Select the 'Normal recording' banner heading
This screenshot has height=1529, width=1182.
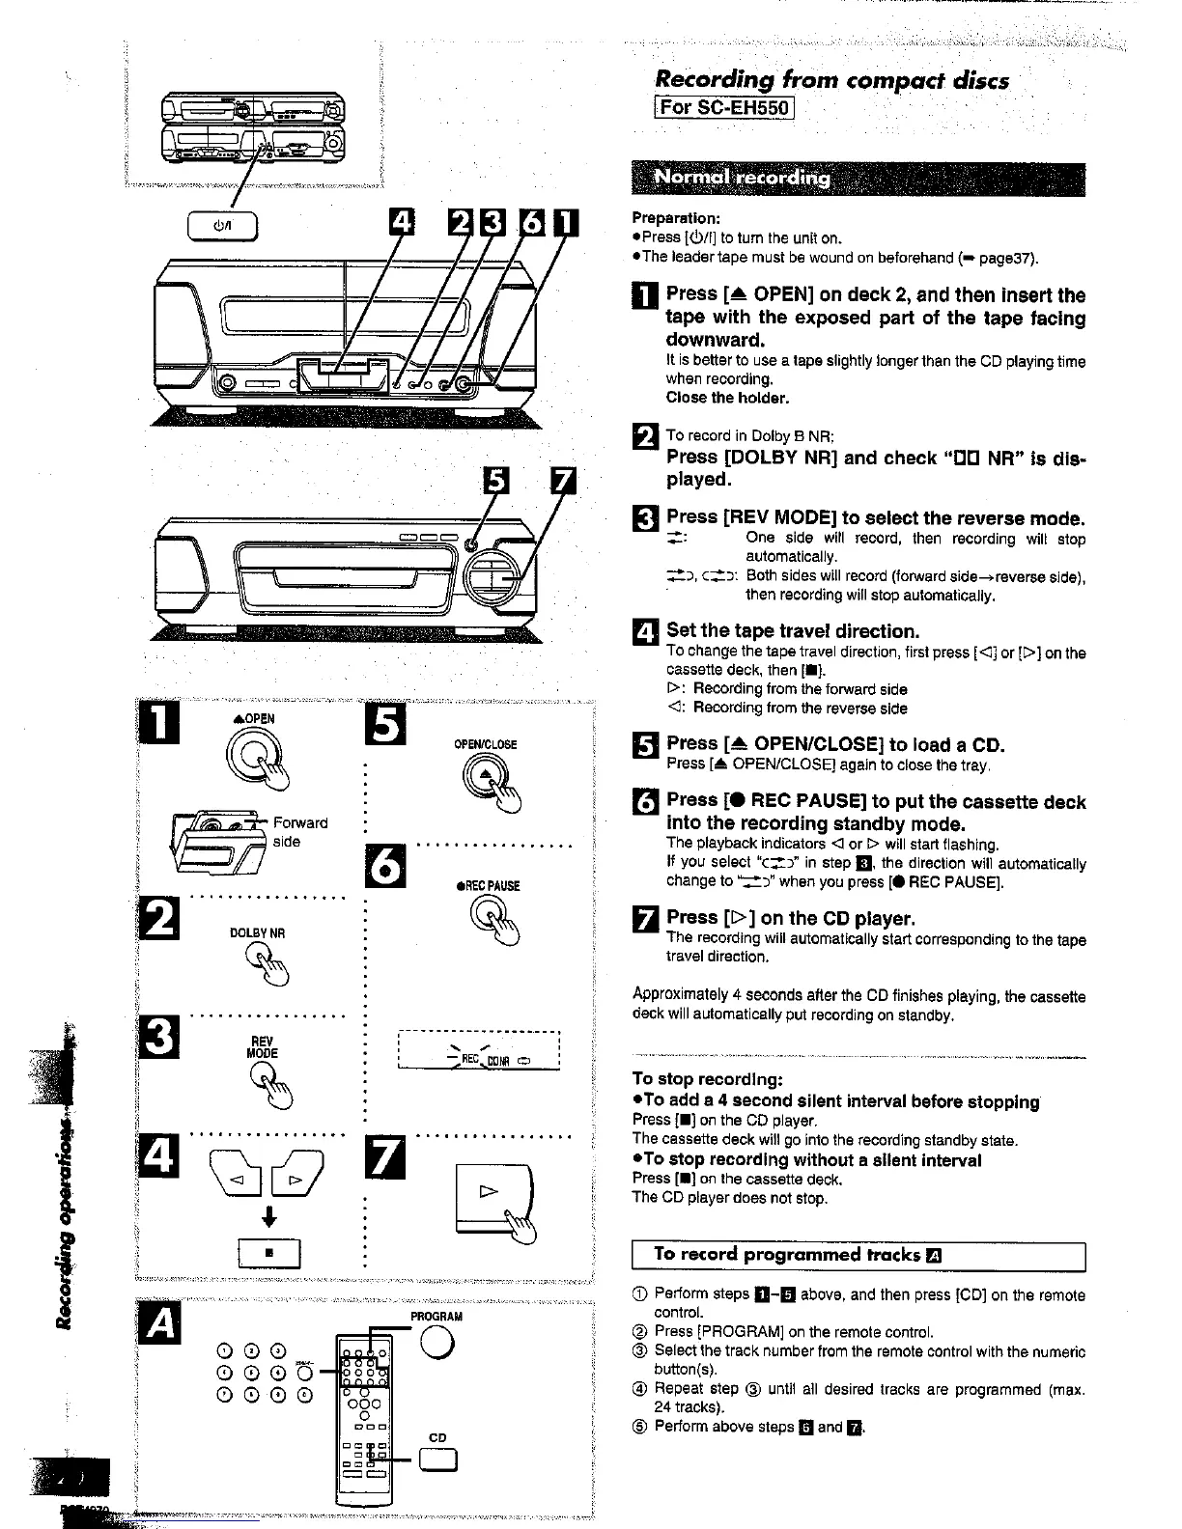point(742,178)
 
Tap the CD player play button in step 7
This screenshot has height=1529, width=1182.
point(492,1195)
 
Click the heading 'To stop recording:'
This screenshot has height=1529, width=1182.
point(707,1079)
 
